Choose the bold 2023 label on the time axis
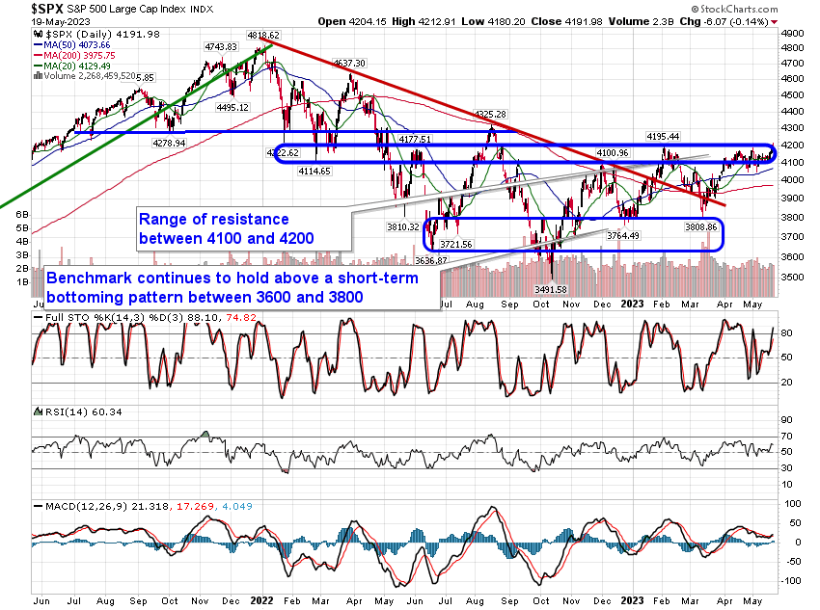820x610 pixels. (633, 597)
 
